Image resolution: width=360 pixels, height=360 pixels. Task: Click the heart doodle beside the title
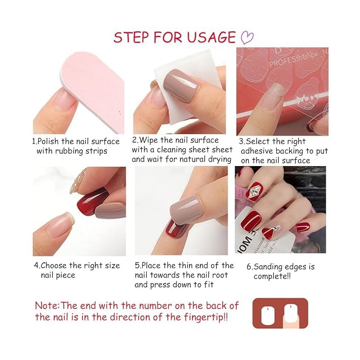[247, 38]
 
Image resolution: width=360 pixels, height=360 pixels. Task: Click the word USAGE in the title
[211, 37]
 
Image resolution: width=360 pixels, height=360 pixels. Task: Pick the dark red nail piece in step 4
[92, 200]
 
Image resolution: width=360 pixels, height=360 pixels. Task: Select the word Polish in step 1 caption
[48, 141]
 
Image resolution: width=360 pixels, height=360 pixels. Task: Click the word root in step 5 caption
[220, 275]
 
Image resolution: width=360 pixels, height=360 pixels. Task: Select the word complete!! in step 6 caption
[272, 276]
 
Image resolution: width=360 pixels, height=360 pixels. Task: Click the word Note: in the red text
[48, 306]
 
